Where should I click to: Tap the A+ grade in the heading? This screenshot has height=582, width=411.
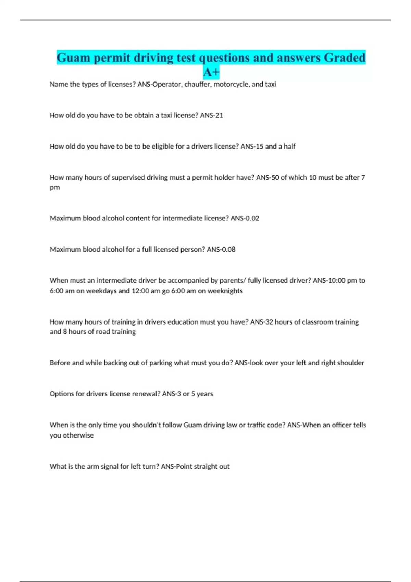pyautogui.click(x=211, y=73)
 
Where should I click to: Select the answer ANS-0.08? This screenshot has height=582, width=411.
pyautogui.click(x=221, y=250)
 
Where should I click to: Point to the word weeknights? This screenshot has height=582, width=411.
pyautogui.click(x=225, y=291)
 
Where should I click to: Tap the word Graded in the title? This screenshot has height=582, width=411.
pyautogui.click(x=345, y=58)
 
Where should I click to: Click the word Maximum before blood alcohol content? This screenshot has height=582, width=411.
pyautogui.click(x=65, y=218)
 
